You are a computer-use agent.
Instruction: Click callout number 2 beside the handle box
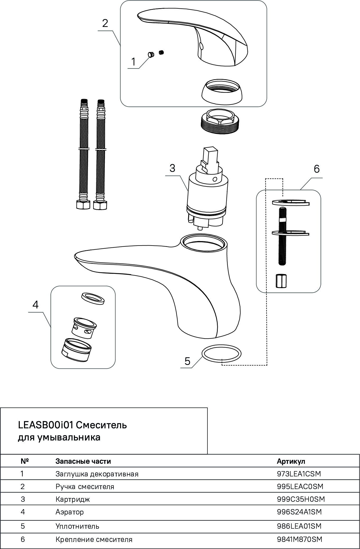coord(105,23)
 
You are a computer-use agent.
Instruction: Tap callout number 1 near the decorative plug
coord(133,62)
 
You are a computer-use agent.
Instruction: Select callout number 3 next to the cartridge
coord(172,168)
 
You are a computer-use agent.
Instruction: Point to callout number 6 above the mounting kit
coord(316,169)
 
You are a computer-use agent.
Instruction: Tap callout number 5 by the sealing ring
coord(187,361)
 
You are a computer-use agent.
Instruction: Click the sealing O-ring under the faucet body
coord(221,354)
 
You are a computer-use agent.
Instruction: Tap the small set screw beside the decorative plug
coord(162,52)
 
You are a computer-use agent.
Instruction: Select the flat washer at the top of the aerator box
coord(92,298)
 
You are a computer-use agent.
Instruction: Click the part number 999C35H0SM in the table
coord(301,499)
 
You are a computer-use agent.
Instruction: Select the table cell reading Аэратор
coord(70,512)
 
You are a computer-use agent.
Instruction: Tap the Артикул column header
coord(291,461)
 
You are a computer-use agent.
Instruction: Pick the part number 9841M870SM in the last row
coord(300,539)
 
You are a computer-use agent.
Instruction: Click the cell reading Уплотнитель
coord(77,526)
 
